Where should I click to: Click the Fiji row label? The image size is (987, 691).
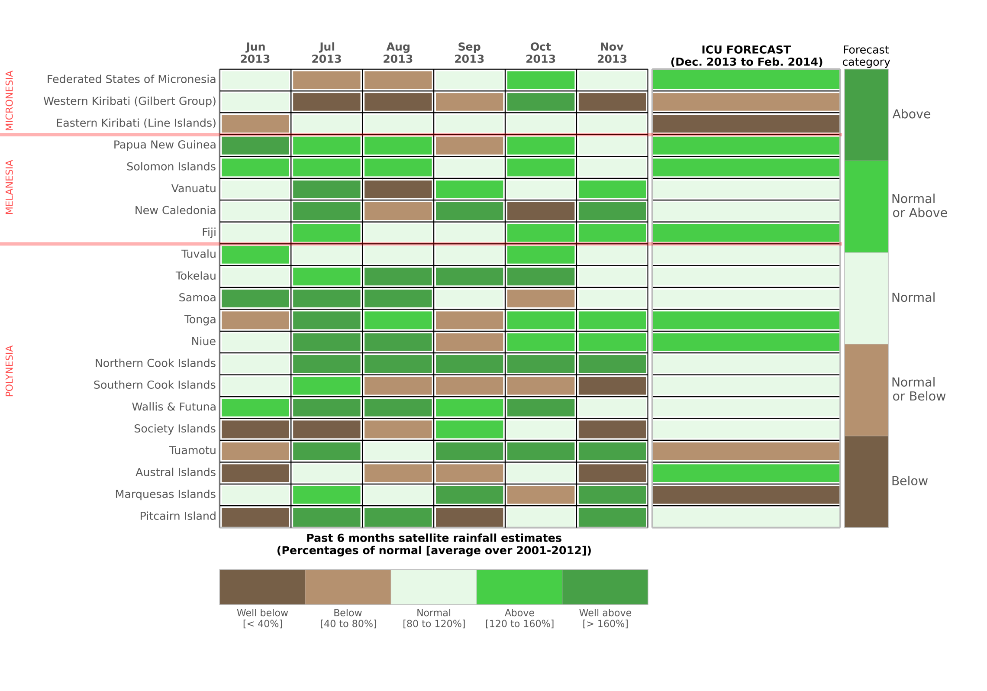[x=209, y=232]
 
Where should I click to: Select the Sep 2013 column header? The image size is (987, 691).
[x=469, y=53]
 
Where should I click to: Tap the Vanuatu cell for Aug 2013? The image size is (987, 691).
[x=398, y=189]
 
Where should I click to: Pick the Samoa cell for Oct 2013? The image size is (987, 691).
[x=541, y=298]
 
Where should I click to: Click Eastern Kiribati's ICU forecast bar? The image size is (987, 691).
[x=746, y=124]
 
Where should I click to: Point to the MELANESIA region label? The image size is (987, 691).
[x=10, y=187]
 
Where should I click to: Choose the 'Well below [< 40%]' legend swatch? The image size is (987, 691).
[x=262, y=587]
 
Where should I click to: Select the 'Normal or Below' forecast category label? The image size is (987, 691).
[x=918, y=389]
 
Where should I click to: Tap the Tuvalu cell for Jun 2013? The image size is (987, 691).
[x=255, y=255]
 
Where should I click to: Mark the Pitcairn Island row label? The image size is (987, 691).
[x=177, y=516]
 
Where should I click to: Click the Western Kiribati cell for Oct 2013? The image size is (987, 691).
[x=541, y=102]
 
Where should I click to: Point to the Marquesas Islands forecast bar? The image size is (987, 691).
[x=746, y=495]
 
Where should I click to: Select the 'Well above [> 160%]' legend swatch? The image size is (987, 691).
[x=605, y=587]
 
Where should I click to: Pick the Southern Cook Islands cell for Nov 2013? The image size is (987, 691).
[x=612, y=386]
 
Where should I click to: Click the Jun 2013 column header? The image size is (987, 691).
[x=255, y=53]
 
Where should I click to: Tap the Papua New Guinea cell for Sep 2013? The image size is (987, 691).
[x=469, y=145]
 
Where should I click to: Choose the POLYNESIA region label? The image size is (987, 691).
[x=10, y=371]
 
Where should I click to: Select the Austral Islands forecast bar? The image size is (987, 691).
[x=746, y=473]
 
